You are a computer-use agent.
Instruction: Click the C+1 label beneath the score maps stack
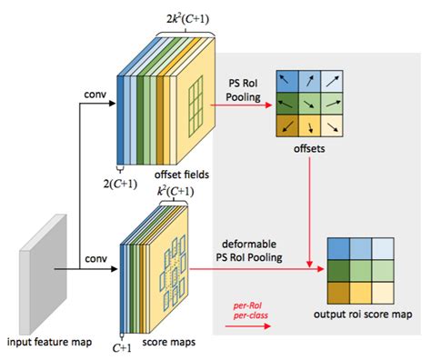pyautogui.click(x=120, y=346)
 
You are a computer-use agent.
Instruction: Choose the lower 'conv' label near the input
pyautogui.click(x=95, y=258)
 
